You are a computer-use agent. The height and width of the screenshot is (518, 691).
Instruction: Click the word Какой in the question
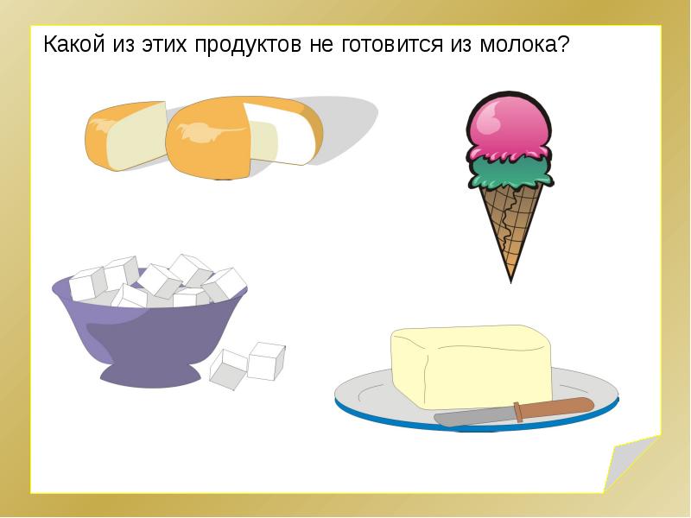pyautogui.click(x=74, y=44)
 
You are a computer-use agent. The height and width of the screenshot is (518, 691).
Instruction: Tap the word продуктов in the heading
pyautogui.click(x=248, y=46)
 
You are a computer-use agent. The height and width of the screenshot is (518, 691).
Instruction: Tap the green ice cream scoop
pyautogui.click(x=510, y=172)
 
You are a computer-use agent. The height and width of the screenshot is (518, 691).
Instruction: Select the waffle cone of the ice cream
pyautogui.click(x=511, y=224)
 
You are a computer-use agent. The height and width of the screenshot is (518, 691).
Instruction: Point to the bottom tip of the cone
pyautogui.click(x=510, y=282)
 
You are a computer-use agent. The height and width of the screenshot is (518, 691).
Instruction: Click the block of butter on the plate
pyautogui.click(x=472, y=366)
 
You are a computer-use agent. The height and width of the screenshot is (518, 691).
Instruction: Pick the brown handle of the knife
pyautogui.click(x=555, y=407)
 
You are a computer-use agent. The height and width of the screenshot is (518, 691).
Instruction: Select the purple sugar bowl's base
pyautogui.click(x=150, y=376)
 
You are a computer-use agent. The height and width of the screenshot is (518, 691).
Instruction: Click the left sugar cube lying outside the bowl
pyautogui.click(x=228, y=370)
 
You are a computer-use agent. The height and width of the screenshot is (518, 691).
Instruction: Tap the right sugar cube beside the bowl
pyautogui.click(x=266, y=361)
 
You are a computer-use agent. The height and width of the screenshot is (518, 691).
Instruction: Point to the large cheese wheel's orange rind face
pyautogui.click(x=208, y=140)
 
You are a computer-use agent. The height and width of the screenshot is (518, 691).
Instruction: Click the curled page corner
pyautogui.click(x=631, y=464)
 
